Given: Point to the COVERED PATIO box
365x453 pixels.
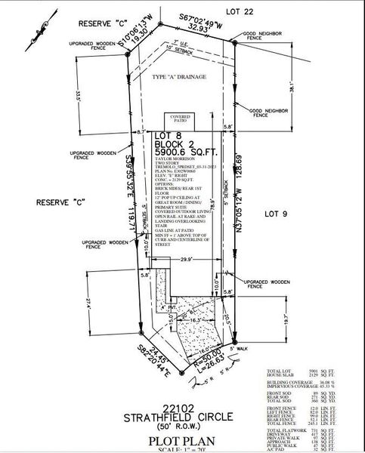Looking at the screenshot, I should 180,119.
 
